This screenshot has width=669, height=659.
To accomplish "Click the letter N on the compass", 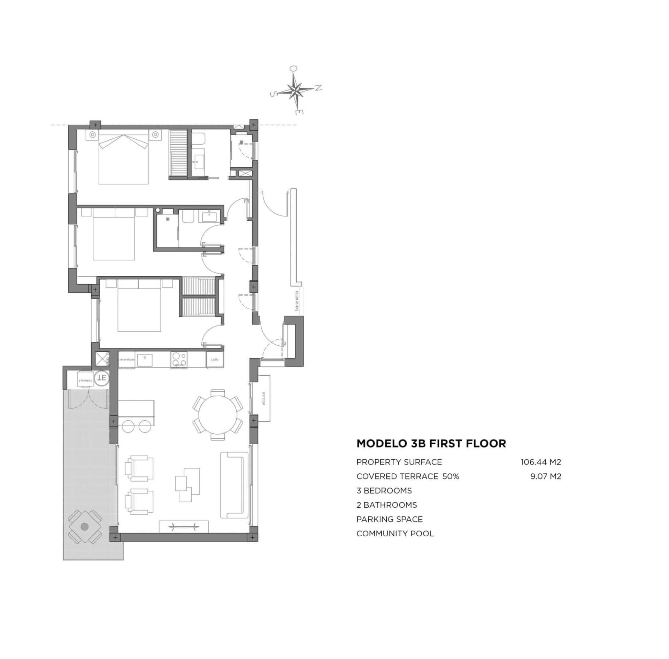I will coord(318,88).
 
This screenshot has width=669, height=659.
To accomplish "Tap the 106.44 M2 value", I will coord(541,462).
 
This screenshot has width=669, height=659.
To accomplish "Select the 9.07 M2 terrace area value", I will coord(546,476).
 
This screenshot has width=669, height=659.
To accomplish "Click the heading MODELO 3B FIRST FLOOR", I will coord(431,444).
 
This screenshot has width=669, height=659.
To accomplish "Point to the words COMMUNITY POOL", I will coord(395,534).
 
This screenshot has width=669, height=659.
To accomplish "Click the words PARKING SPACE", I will coord(389,519).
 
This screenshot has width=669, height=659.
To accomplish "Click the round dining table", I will coord(218,415).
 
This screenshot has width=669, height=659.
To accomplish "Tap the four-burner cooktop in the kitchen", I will coord(179,359).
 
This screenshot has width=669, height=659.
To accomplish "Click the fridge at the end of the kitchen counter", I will coord(214,359).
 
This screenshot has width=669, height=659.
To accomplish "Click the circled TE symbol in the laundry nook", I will coord(102,378).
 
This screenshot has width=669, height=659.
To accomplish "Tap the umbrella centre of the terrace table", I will coord(84,526).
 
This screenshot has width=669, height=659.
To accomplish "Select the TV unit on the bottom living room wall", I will coord(184,526).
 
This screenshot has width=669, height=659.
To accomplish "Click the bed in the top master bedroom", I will coord(123,160).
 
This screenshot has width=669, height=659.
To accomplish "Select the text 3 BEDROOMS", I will coord(384,491).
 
